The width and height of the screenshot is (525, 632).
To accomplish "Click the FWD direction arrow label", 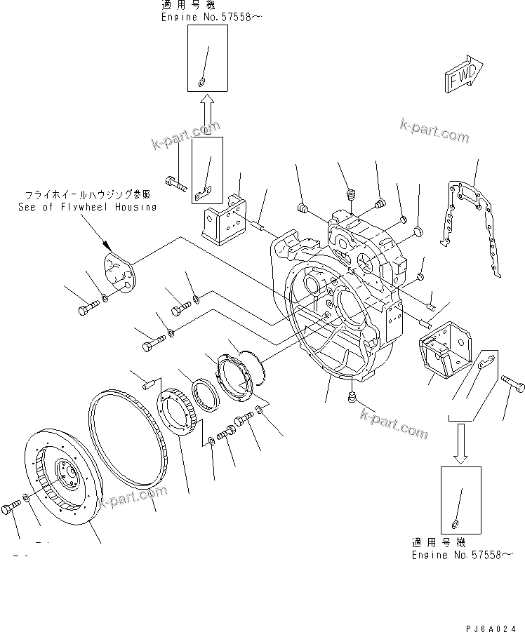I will pos(463,76).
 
